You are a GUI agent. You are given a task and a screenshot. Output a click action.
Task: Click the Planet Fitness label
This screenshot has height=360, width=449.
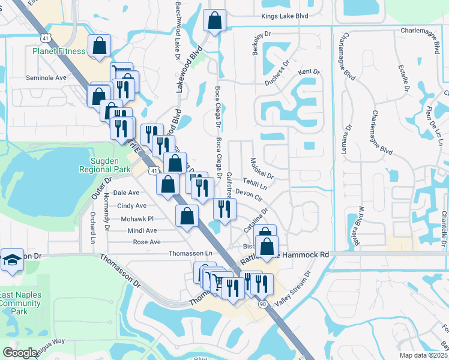pos(59,52)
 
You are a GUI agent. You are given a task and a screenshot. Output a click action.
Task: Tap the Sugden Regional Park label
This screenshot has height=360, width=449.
pos(104,166)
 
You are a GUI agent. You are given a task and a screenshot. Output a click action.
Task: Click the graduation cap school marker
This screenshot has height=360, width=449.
pos(12,260)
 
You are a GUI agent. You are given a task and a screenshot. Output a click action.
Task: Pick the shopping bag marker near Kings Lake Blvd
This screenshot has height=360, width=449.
pos(214,21)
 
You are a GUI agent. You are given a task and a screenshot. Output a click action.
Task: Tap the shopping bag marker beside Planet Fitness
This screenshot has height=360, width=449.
pos(100,46)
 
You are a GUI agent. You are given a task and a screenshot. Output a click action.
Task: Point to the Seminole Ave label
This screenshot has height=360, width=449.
pos(46,78)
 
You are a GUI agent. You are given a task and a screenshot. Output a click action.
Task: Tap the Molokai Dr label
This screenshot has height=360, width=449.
pos(262,169)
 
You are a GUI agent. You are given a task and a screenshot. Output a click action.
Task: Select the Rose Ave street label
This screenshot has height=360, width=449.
pos(147,242)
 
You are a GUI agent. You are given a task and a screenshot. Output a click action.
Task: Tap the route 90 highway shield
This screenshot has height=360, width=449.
pos(264,304)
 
